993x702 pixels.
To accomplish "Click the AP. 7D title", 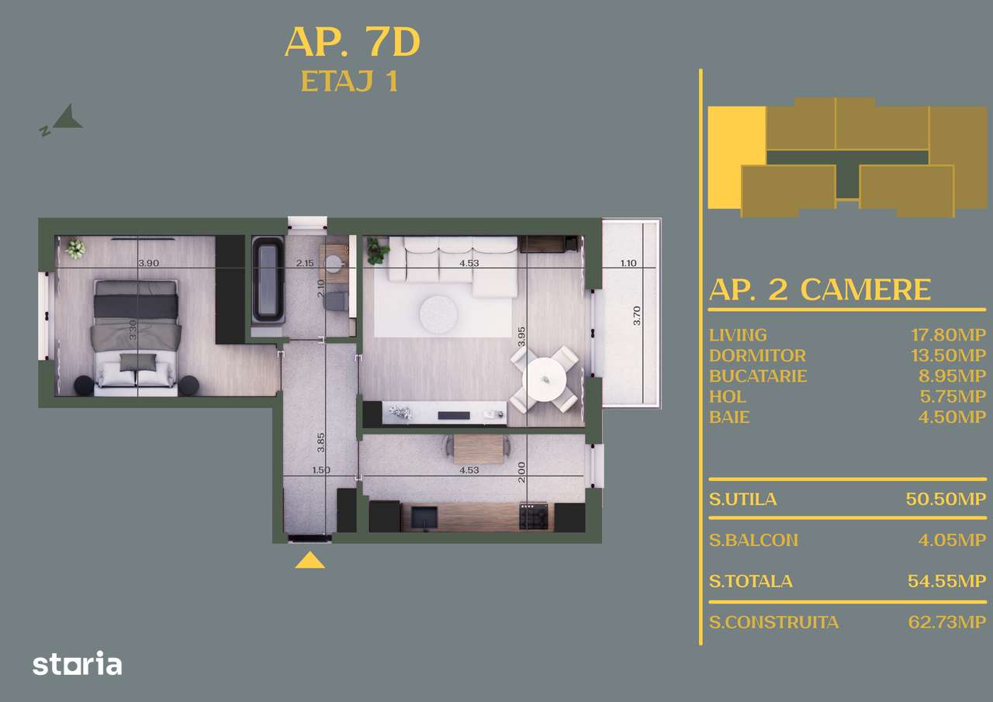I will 352,43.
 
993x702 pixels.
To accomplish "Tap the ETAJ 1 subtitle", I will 349,81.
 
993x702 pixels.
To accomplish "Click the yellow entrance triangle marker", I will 310,559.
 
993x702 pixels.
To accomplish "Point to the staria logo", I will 77,664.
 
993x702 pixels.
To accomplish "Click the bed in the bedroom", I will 137,334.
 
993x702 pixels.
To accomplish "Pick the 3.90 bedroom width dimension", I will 148,263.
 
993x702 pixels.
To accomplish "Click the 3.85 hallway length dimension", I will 321,442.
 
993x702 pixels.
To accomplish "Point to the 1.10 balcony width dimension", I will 628,263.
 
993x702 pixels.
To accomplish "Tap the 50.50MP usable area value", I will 946,499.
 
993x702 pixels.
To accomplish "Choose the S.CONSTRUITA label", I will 773,622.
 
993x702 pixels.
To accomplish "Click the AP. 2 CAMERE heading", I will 819,289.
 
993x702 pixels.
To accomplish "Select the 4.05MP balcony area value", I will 952,540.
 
